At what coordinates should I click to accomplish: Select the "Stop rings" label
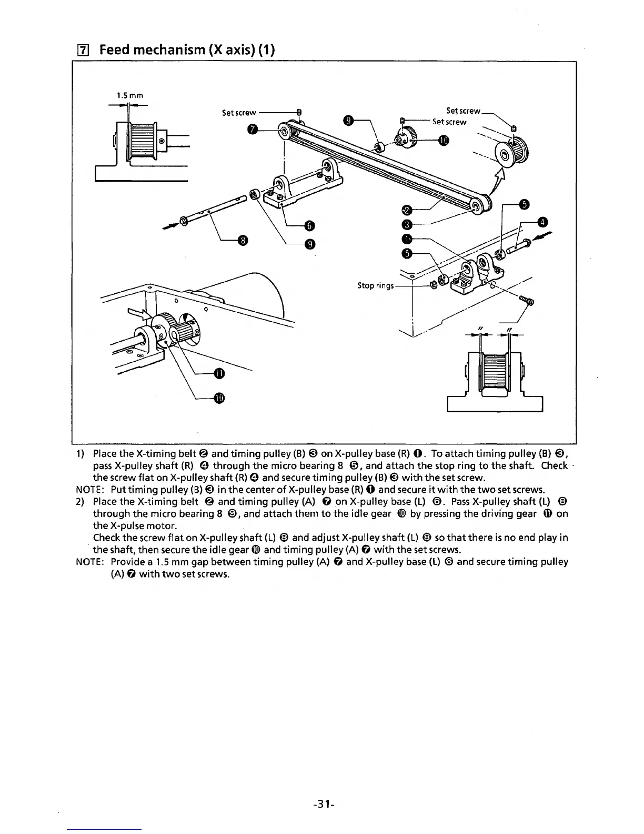(375, 286)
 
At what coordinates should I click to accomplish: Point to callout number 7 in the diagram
(253, 130)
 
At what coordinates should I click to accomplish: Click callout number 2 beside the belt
(406, 210)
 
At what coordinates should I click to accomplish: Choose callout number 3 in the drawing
(406, 225)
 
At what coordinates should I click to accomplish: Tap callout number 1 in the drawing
(406, 240)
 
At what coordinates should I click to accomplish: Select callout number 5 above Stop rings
(406, 254)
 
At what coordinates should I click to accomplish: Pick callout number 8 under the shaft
(241, 241)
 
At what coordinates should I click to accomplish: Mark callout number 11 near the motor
(219, 374)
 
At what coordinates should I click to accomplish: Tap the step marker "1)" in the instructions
(80, 454)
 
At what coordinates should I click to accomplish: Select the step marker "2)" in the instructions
(80, 502)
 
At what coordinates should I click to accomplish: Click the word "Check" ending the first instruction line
(554, 466)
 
